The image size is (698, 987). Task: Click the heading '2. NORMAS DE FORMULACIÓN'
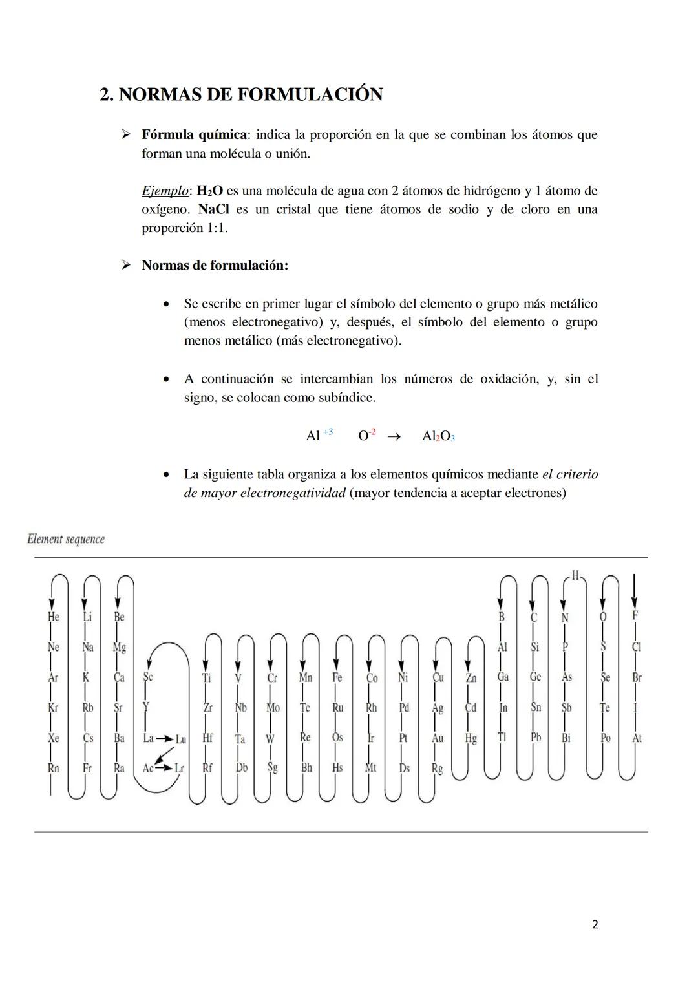241,94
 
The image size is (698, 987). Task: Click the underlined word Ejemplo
165,191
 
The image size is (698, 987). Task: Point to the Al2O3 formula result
438,436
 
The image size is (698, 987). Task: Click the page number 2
595,924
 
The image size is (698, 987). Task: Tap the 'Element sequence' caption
66,539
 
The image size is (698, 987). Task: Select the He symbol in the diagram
53,617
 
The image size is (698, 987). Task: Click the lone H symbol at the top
576,575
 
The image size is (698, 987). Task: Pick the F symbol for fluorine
635,616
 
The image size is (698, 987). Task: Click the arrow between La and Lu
164,738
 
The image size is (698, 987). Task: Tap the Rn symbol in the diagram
53,768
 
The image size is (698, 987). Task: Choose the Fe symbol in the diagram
337,677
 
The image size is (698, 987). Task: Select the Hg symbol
471,738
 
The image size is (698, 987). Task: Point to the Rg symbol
438,768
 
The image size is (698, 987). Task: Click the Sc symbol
148,677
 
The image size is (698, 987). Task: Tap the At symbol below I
637,738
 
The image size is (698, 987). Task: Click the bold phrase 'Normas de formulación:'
215,266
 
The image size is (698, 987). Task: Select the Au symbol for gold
438,738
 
